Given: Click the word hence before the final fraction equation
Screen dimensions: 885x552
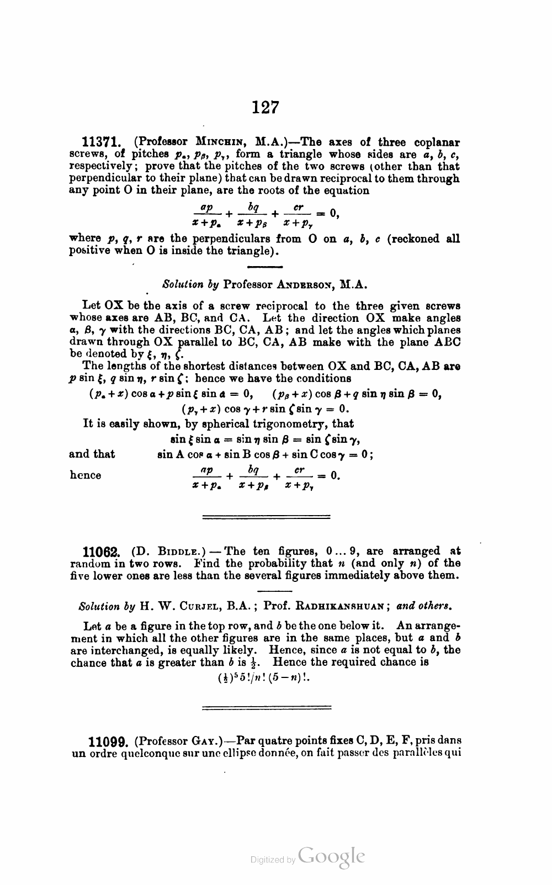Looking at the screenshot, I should click(86, 475).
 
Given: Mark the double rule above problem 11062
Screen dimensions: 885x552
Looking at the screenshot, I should click(267, 517).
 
